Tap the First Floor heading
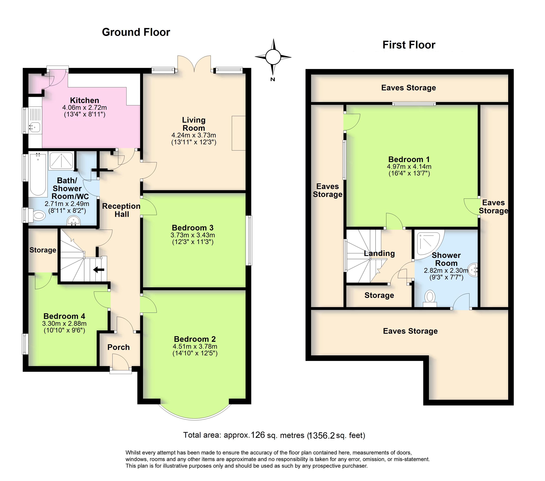408,45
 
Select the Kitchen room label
85,101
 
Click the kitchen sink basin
35,127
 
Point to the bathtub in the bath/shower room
38,175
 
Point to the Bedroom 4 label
64,316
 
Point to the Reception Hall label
121,210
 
